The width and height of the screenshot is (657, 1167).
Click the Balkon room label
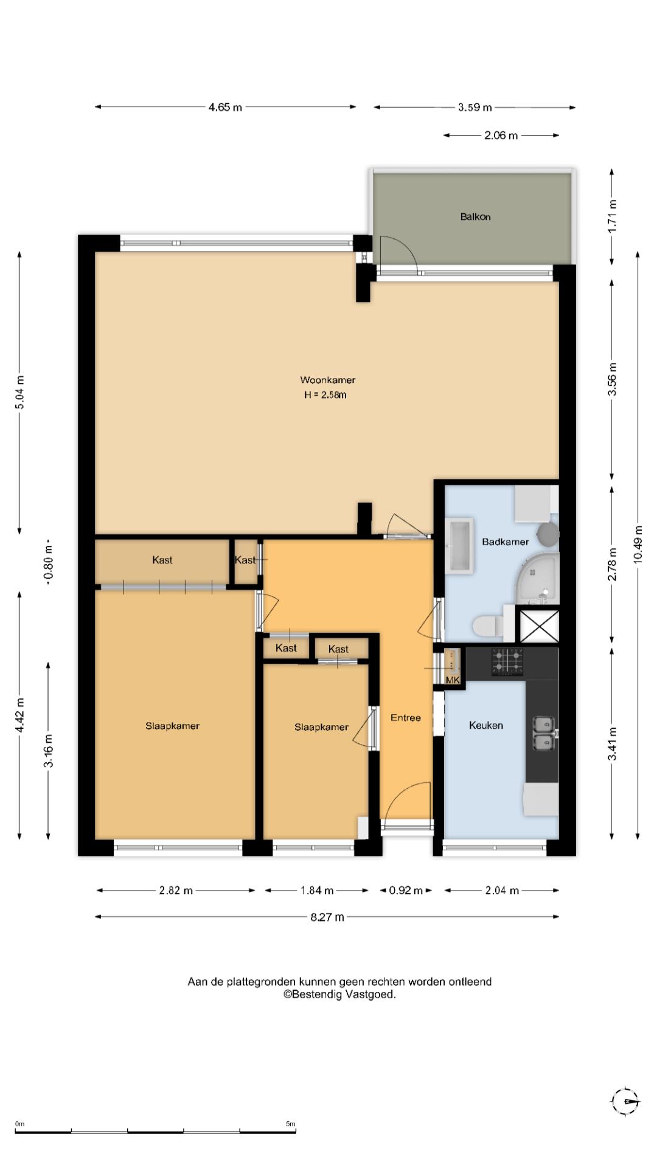tap(475, 216)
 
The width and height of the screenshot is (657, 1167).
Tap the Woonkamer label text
tap(327, 380)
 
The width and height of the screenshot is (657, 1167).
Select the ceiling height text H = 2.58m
tap(325, 395)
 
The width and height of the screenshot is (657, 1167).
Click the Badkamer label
tap(505, 542)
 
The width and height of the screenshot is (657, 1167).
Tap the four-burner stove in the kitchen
tap(507, 662)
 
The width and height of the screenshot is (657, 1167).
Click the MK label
tap(453, 680)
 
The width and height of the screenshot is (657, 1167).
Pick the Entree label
tap(405, 718)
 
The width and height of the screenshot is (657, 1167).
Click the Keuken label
tap(485, 725)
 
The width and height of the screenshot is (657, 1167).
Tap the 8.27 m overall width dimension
tap(327, 917)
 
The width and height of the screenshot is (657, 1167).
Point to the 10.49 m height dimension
tap(638, 545)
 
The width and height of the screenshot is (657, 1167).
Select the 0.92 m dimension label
tap(405, 890)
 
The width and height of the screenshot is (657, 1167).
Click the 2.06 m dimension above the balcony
tap(501, 135)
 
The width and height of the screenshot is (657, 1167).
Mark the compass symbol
tap(625, 1101)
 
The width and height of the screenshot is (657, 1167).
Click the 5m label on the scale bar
tap(291, 1124)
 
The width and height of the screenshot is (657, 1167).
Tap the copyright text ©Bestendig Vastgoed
tap(339, 994)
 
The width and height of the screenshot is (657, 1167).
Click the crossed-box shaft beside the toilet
tap(537, 625)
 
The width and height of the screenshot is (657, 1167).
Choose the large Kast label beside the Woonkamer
tap(162, 560)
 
